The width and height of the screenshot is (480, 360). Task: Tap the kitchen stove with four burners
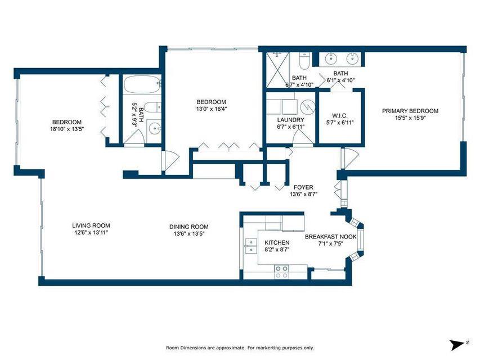[281, 272]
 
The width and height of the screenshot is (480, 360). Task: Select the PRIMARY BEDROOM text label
[410, 111]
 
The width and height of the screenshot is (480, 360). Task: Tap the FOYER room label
[303, 187]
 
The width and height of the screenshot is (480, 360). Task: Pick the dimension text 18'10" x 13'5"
[67, 129]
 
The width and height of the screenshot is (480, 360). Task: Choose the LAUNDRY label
[291, 120]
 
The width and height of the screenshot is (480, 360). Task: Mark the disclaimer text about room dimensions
[240, 347]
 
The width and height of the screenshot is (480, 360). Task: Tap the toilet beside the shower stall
[304, 60]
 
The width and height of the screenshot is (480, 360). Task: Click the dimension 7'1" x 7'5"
[331, 244]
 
